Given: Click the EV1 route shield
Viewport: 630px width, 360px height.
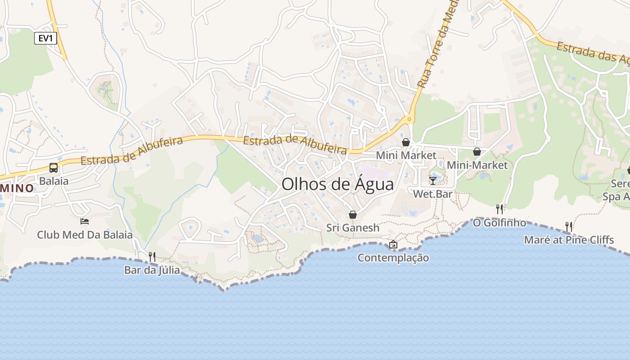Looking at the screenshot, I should (45, 38).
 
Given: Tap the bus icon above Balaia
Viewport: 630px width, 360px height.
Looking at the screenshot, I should (54, 168).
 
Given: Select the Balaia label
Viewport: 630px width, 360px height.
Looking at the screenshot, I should (54, 181).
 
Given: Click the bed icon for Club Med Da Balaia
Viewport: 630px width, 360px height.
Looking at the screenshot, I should (85, 221).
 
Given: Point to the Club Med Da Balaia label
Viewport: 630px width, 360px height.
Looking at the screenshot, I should (85, 234).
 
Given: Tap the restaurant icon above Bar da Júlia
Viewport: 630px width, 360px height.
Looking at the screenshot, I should (152, 256).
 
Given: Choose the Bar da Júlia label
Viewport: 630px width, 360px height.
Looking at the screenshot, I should (152, 270).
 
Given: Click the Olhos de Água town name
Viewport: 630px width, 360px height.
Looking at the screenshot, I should (337, 184).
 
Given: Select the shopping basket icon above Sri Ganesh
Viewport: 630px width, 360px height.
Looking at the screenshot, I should (353, 215).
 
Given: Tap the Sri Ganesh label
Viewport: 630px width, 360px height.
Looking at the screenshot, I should (353, 228).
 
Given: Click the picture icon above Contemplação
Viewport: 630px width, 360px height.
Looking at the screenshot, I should (393, 244).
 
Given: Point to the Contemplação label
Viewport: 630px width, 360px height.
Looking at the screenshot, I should (393, 258).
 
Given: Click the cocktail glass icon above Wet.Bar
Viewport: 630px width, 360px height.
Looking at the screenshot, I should (433, 180).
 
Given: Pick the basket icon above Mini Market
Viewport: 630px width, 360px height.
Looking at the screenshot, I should (406, 142).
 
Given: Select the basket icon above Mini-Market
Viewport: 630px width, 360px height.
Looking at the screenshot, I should (477, 152).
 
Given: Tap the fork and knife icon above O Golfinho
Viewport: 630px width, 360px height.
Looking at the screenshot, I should (499, 209).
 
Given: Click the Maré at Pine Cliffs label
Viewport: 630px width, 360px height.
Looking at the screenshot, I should (569, 240).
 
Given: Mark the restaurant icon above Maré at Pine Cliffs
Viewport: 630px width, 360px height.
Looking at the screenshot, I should (569, 226).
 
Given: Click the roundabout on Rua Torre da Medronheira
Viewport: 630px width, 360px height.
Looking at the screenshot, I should (409, 119).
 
